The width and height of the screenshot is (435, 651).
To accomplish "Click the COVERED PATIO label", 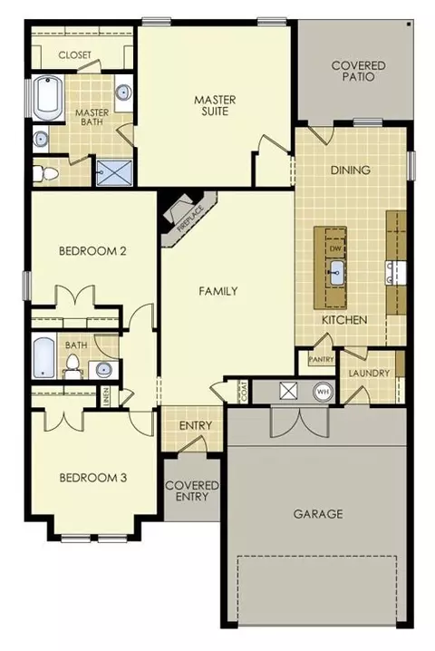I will (357, 72).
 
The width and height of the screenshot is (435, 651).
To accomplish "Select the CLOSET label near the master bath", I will (74, 55).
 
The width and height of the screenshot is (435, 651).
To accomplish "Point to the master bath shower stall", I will (113, 170).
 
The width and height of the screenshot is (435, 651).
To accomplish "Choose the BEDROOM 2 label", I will (92, 251).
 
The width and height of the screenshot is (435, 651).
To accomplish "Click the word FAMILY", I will (218, 291).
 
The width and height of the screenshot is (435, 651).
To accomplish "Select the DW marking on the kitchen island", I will (335, 248).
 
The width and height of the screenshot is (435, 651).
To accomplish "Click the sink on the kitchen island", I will (336, 269).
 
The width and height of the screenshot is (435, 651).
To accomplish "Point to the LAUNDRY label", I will (368, 373).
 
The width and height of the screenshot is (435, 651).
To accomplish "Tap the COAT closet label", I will (243, 392).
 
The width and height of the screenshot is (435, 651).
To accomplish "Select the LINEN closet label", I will (106, 396).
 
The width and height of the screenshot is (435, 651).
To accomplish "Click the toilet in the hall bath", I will (72, 364).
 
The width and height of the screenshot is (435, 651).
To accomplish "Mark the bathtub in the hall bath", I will (43, 357).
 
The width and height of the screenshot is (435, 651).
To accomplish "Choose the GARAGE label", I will (317, 514).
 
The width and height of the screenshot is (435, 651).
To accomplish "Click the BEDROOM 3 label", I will (92, 478).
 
